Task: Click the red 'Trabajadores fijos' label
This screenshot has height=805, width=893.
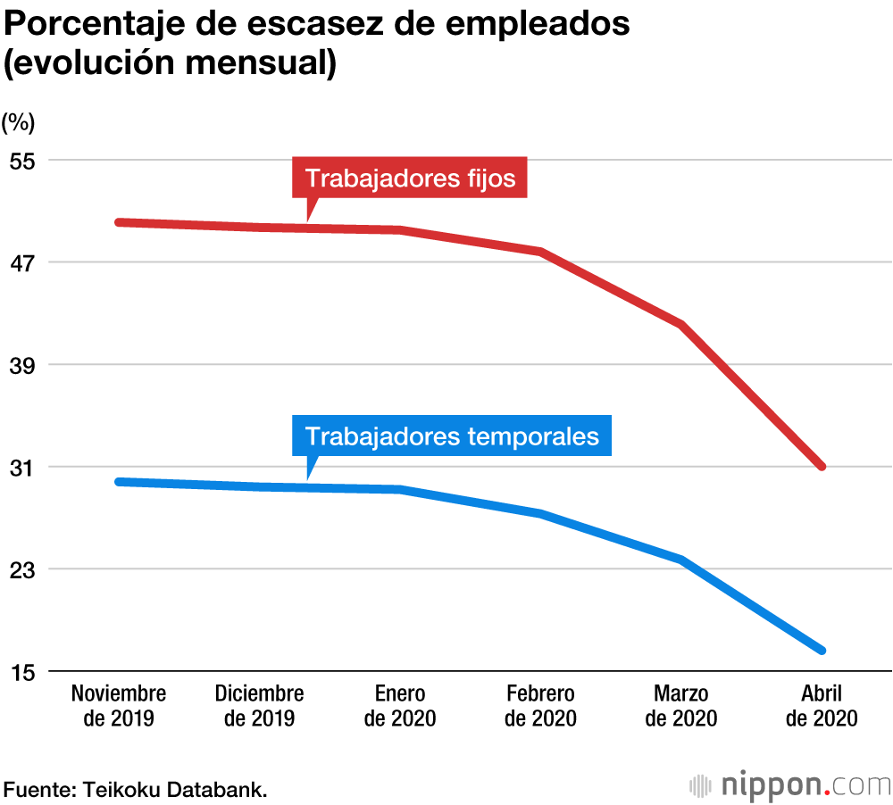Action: (x=410, y=178)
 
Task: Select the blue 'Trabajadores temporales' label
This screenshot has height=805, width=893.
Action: (x=452, y=436)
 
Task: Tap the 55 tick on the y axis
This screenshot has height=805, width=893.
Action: (x=21, y=161)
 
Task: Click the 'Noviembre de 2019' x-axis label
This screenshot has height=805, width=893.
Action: (x=119, y=706)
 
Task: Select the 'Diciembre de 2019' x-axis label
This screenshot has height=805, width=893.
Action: (x=260, y=706)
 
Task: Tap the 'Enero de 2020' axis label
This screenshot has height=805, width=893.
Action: (x=400, y=706)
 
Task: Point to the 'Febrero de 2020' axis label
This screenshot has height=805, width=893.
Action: (x=540, y=706)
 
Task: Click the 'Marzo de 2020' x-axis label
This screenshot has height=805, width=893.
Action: (x=681, y=706)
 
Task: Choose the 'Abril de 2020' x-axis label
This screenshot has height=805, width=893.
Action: (x=822, y=706)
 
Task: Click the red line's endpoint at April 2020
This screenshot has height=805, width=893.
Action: (x=822, y=467)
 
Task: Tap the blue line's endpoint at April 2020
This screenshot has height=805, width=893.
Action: (x=822, y=650)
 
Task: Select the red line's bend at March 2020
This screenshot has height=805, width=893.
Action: (x=681, y=324)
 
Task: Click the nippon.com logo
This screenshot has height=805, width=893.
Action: (x=790, y=785)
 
